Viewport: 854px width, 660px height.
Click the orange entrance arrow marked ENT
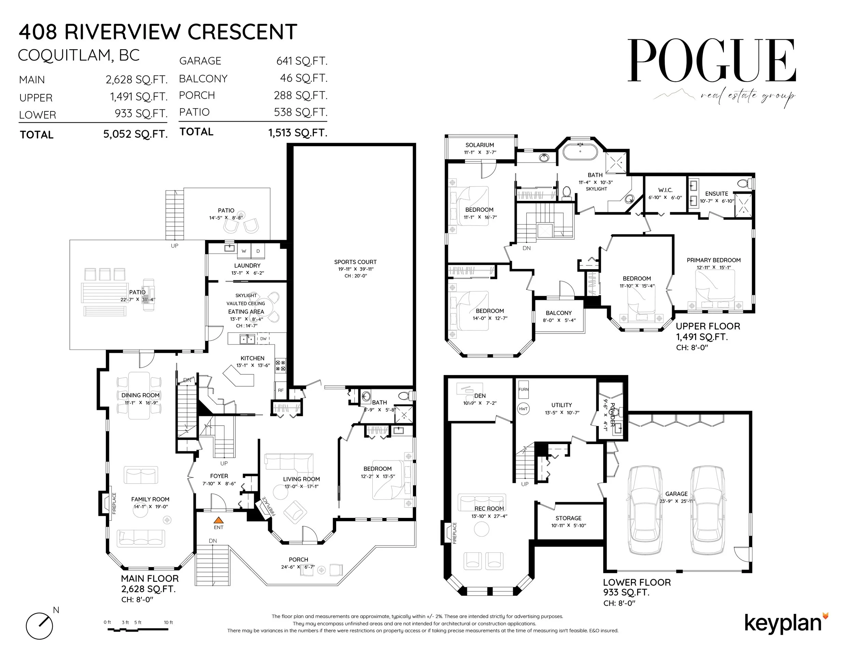point(219,520)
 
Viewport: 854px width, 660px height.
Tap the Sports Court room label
point(355,262)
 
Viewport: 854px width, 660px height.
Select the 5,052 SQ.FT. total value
point(135,134)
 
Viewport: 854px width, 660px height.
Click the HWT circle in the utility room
point(523,409)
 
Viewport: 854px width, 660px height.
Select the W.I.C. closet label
point(665,190)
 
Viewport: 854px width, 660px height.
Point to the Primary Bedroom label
point(714,260)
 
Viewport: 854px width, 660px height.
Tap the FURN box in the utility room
point(523,389)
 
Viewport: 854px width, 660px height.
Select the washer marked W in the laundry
point(244,251)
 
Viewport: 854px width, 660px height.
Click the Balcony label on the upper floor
point(559,313)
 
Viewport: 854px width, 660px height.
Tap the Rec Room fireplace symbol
point(448,532)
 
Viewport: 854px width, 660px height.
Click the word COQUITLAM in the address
point(65,56)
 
